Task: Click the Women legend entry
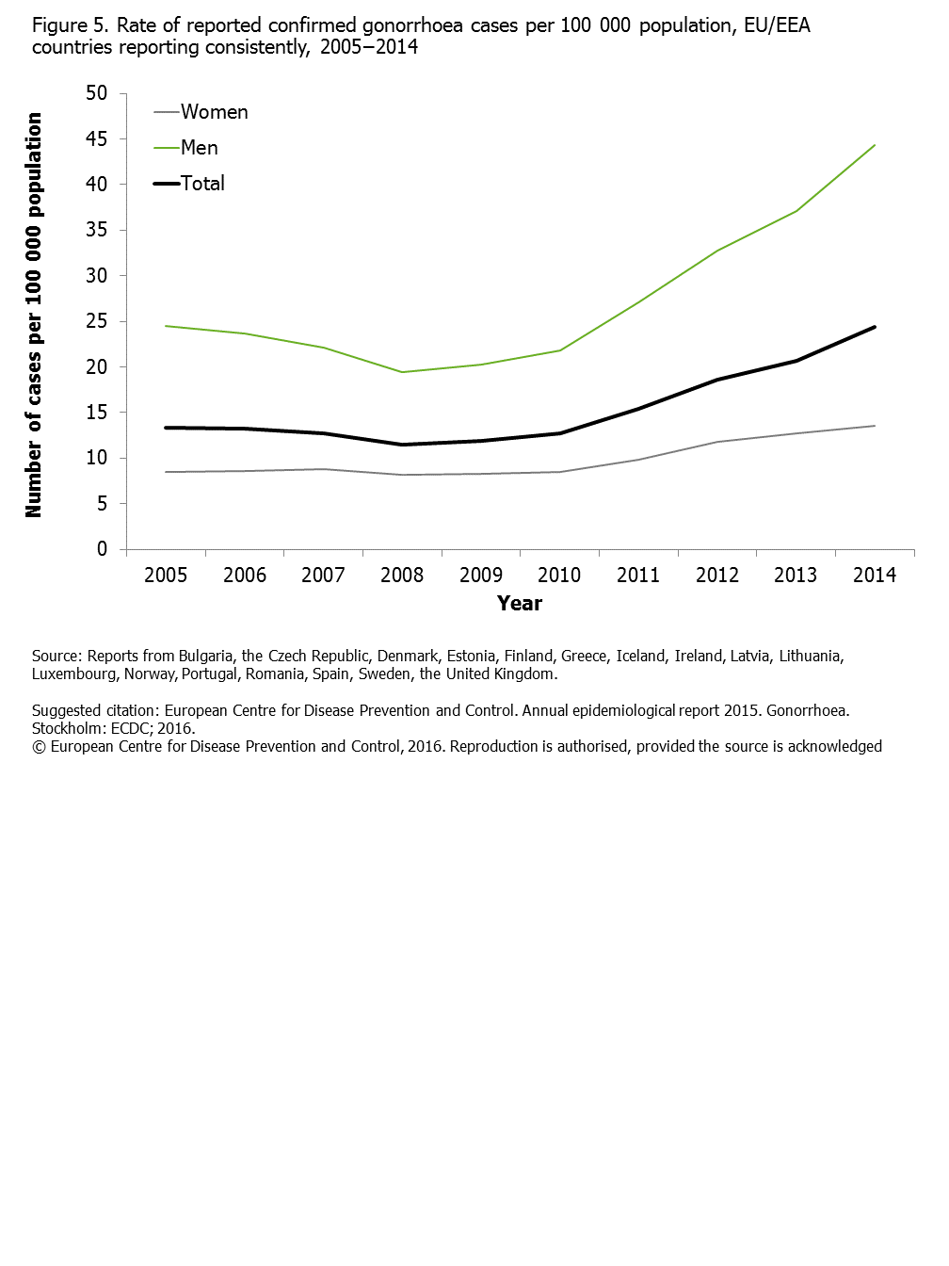tap(201, 112)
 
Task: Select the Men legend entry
tap(186, 148)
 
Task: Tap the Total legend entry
tap(189, 184)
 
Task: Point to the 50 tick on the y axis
tap(96, 93)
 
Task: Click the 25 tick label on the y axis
tap(96, 321)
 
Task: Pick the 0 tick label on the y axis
tap(102, 548)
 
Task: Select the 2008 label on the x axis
tap(402, 575)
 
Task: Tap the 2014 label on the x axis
tap(874, 575)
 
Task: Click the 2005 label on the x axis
tap(166, 575)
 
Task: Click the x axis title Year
tap(519, 603)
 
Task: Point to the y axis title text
tap(33, 315)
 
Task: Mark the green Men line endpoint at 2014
tap(874, 145)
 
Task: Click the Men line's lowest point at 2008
tap(402, 372)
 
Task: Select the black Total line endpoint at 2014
tap(874, 327)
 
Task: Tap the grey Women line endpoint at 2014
tap(874, 426)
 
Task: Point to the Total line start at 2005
tap(166, 428)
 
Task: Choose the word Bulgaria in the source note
tap(205, 657)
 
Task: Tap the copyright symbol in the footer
tap(39, 747)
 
